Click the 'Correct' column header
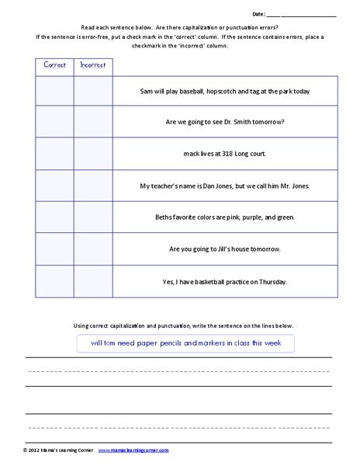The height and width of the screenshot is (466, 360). [54, 65]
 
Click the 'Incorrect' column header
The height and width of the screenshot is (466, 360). [92, 65]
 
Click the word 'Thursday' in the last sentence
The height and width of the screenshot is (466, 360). [272, 280]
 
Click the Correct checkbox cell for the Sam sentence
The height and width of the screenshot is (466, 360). [54, 91]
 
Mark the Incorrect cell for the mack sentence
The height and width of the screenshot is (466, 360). [92, 154]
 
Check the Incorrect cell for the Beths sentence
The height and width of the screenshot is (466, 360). [92, 217]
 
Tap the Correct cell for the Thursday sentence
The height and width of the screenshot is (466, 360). [54, 280]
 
